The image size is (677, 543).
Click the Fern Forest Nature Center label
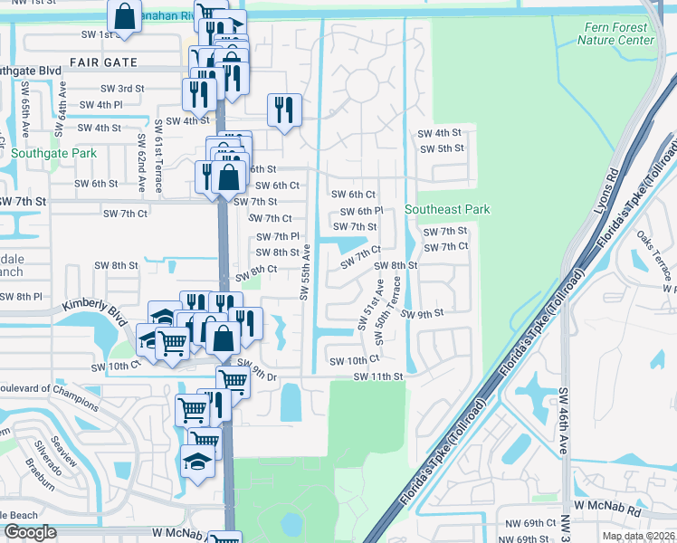click(x=615, y=34)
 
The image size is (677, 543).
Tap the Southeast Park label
click(x=447, y=209)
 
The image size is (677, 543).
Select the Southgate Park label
click(x=54, y=154)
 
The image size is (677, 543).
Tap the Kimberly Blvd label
click(x=94, y=308)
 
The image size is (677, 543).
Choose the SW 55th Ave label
click(x=305, y=271)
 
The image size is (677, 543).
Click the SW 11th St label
click(x=377, y=376)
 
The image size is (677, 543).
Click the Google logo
click(x=31, y=532)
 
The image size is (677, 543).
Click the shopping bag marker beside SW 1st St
click(x=123, y=16)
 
